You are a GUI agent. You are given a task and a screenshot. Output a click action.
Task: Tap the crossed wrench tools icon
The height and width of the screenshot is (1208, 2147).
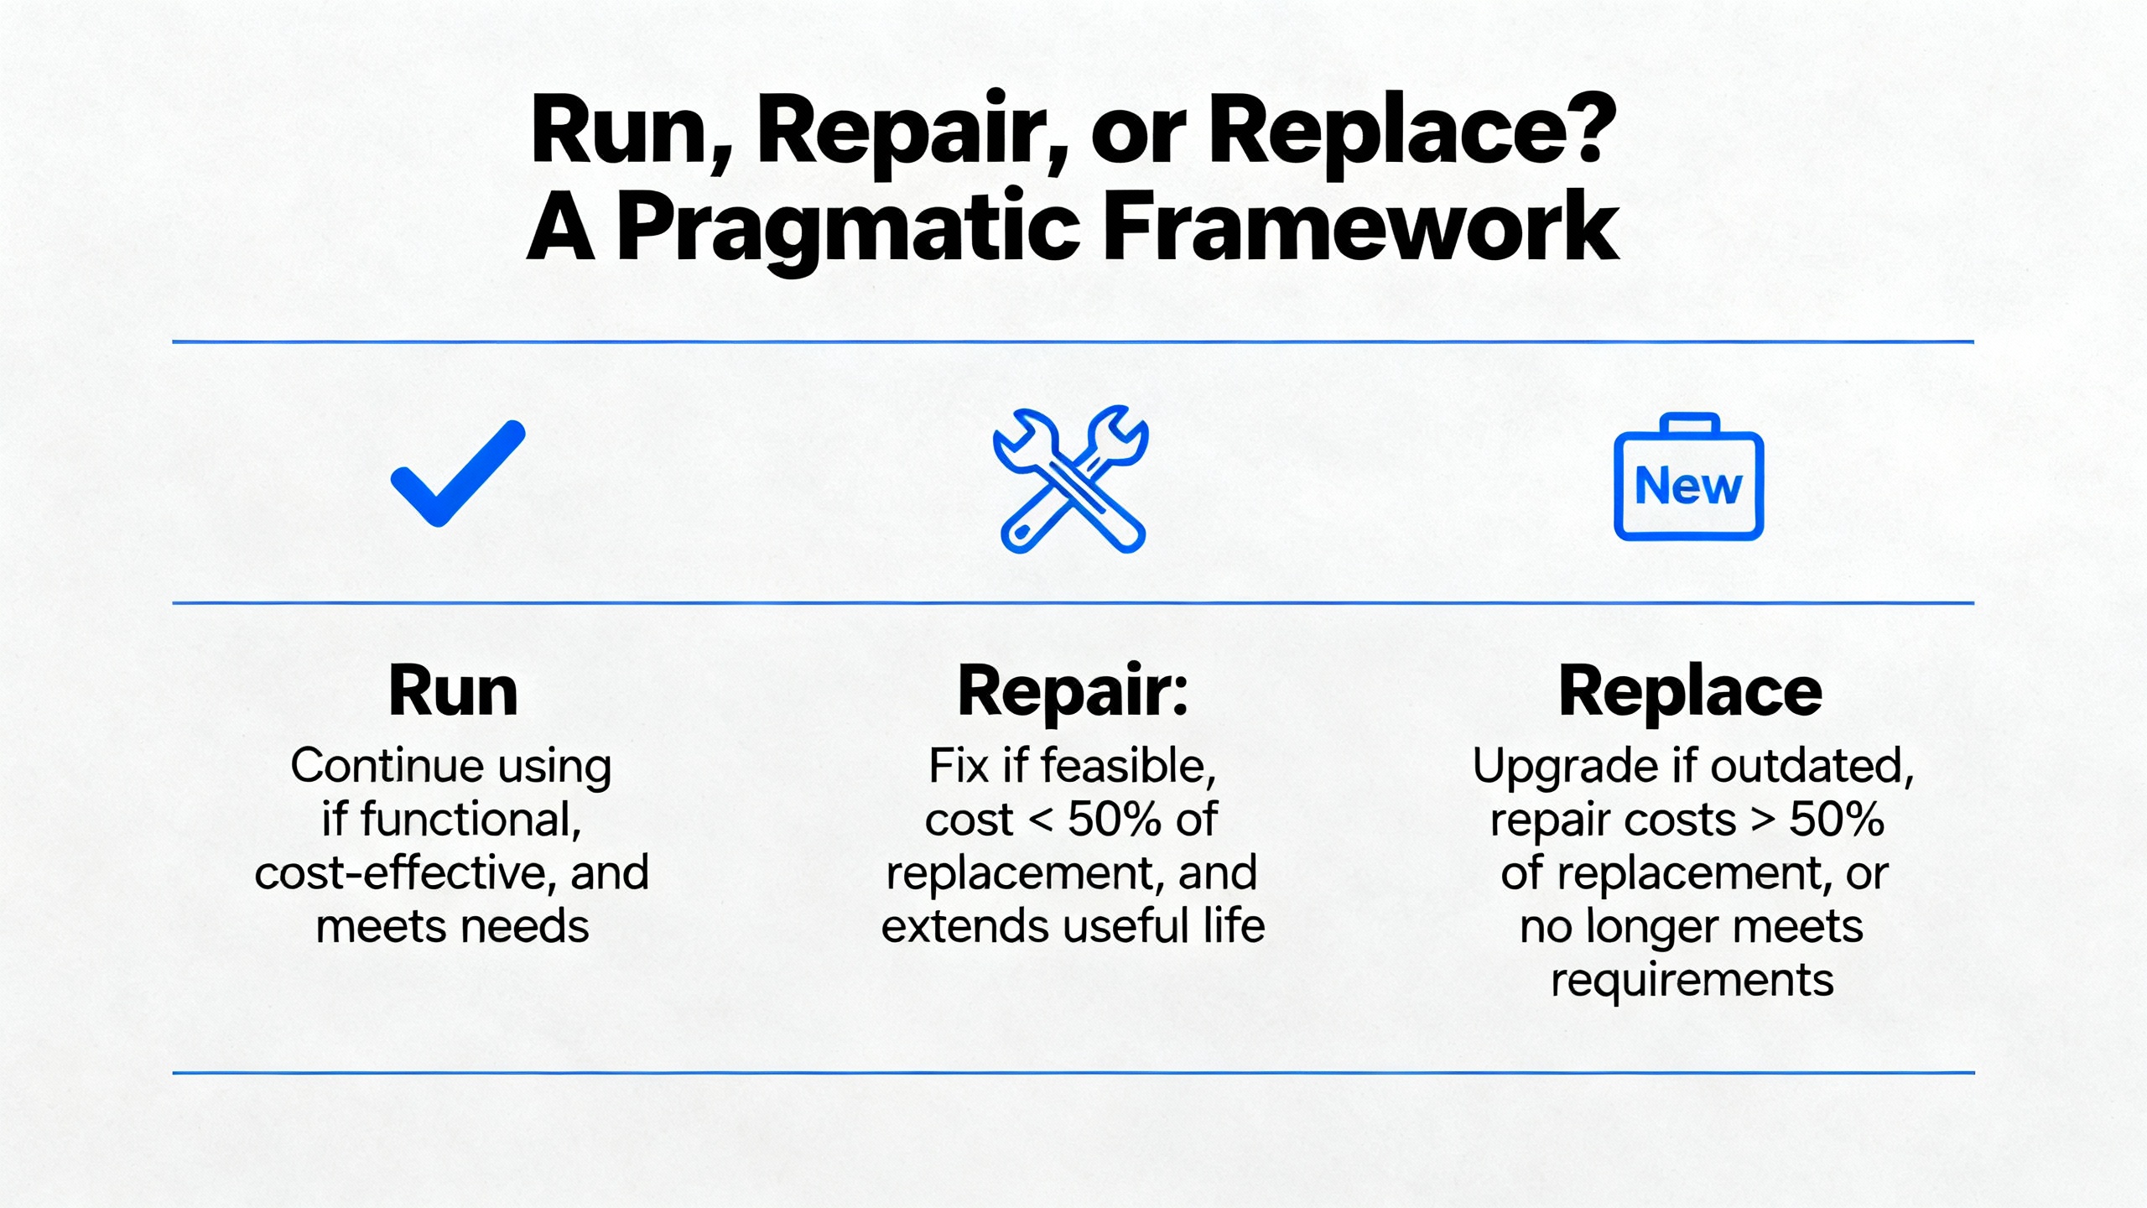[1071, 480]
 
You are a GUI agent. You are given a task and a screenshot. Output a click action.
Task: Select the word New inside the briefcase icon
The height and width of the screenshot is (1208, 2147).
[1688, 486]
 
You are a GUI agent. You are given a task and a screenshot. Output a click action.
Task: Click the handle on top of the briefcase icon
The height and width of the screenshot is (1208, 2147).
[1690, 422]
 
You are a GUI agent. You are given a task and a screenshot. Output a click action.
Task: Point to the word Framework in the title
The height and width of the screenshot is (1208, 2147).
[1360, 226]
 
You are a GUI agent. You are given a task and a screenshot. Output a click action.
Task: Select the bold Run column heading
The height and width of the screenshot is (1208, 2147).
[453, 691]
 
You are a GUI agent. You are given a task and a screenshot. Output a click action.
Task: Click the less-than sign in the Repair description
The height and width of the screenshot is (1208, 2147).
[1040, 820]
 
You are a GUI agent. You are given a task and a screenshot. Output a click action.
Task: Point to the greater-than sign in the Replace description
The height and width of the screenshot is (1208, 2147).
[1762, 820]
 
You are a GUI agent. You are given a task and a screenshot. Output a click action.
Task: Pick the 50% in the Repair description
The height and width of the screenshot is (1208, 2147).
[1115, 820]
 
